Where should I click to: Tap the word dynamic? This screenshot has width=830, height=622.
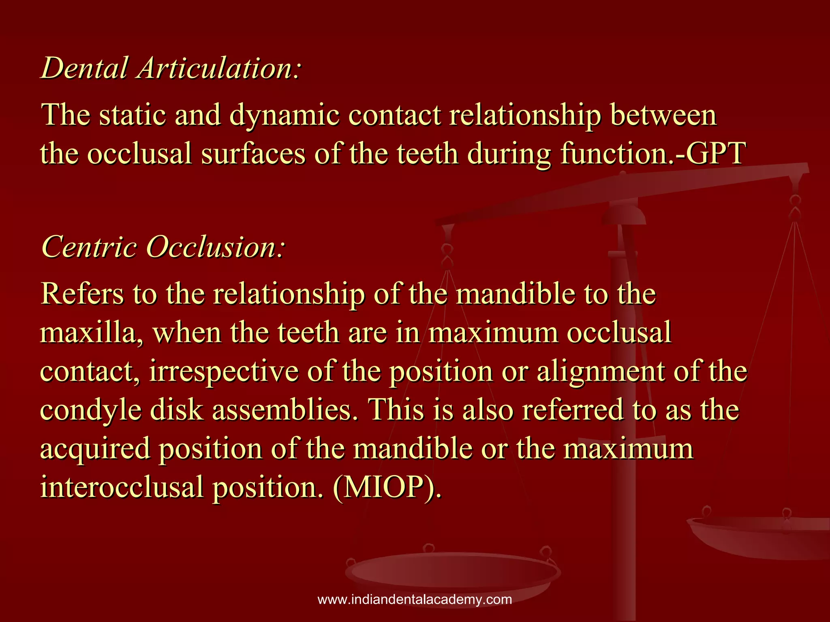284,115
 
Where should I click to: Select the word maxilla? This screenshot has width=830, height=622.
91,333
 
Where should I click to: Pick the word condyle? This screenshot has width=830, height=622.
91,410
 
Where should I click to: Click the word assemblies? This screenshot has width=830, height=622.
282,409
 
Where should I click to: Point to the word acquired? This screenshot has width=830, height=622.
95,449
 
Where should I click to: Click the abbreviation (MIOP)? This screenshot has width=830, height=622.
387,487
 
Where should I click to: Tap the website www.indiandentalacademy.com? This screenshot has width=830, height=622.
415,600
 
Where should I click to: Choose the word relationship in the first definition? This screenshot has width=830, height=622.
525,115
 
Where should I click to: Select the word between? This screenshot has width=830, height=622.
663,115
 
